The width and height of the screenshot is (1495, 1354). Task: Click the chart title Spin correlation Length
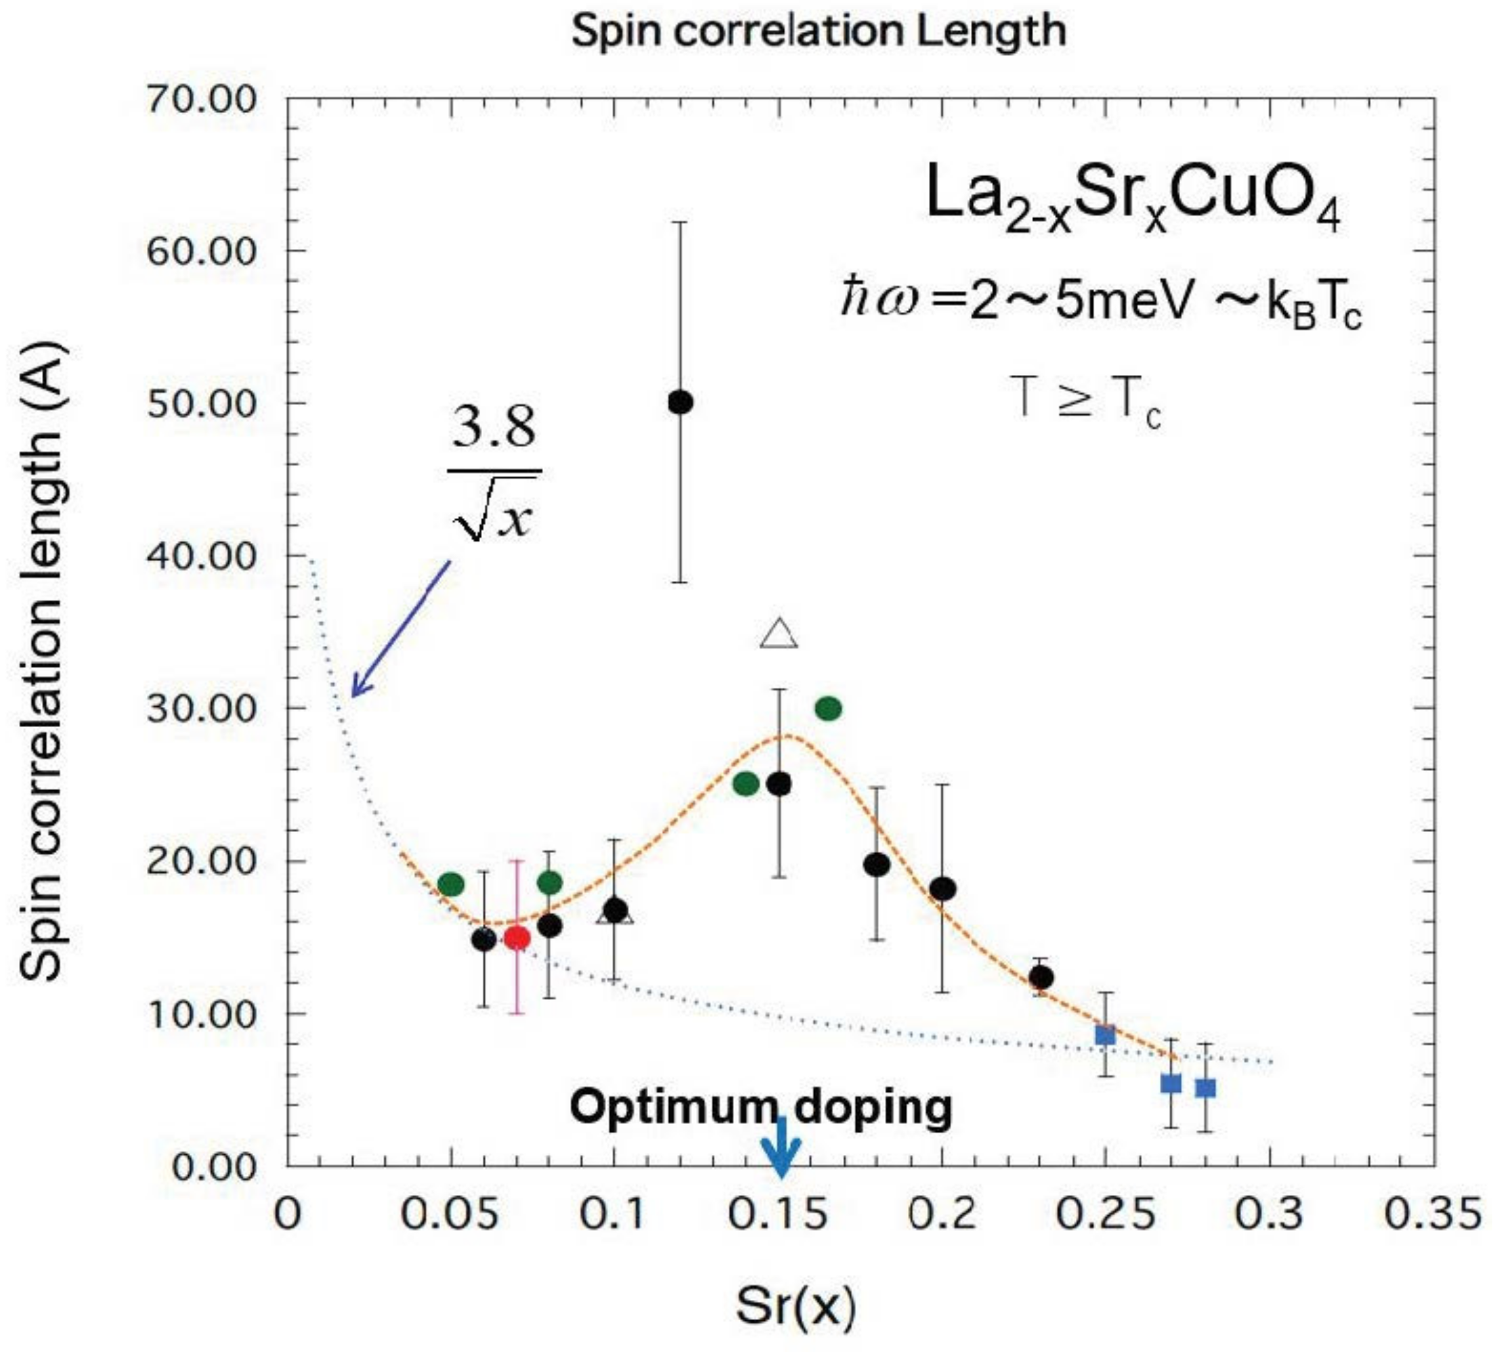tap(819, 31)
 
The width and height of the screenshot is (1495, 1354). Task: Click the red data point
tap(517, 938)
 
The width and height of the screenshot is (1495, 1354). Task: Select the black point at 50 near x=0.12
tap(680, 403)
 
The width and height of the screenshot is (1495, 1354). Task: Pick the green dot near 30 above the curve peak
tap(828, 709)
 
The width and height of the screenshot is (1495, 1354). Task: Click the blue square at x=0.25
tap(1105, 1035)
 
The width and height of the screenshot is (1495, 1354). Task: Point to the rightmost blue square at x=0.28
tap(1205, 1089)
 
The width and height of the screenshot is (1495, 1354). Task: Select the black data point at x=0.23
tap(1041, 978)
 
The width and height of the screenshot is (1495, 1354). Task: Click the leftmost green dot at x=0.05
tap(451, 884)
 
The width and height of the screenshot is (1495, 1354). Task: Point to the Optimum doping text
tap(760, 1108)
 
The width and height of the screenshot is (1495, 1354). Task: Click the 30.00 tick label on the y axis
tap(201, 708)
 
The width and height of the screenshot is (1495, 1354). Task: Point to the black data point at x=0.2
tap(942, 888)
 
